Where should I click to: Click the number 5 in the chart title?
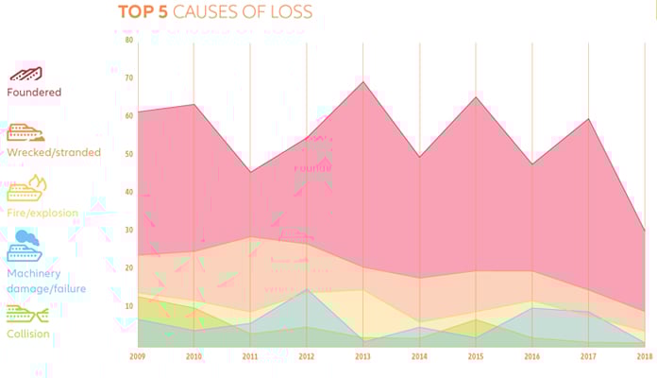163,13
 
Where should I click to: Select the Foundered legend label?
34,93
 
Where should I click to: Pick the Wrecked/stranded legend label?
54,152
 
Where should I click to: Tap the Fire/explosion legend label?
42,213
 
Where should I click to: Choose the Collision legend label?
28,334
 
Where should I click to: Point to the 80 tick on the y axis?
128,41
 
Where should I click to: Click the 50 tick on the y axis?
128,154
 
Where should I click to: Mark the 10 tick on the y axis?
128,306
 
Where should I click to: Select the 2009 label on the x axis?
138,356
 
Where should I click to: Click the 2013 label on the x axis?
363,356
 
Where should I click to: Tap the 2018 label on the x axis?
645,356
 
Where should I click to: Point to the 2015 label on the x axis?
476,356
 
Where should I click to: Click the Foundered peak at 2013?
363,82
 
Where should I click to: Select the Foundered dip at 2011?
250,172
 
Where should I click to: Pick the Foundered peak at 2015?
476,97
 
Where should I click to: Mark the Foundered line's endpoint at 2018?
645,231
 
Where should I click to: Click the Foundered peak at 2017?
589,119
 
